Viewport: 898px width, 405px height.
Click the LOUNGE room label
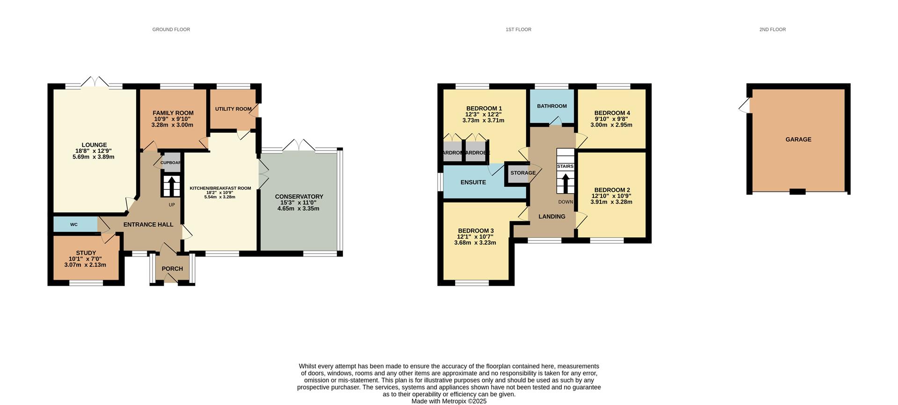94,145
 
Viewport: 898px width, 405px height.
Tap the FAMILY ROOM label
173,113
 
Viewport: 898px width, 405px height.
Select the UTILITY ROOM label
233,109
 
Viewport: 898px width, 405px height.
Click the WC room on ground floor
74,224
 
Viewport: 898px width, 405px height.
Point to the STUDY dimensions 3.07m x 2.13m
85,265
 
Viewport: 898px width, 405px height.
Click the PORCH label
172,269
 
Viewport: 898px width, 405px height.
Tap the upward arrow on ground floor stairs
171,184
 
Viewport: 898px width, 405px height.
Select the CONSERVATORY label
299,196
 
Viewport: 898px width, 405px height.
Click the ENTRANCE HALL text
148,224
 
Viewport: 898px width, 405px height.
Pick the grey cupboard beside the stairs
171,163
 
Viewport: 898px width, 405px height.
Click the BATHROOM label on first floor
552,106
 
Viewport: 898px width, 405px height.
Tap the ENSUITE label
473,182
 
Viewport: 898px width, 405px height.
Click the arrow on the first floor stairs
565,182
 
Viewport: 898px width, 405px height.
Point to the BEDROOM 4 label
612,113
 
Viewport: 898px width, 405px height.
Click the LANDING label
552,217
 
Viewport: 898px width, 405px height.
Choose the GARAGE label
798,139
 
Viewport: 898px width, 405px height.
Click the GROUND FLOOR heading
171,29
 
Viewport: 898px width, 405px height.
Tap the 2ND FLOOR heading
772,29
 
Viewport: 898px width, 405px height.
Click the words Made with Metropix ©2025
449,401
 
